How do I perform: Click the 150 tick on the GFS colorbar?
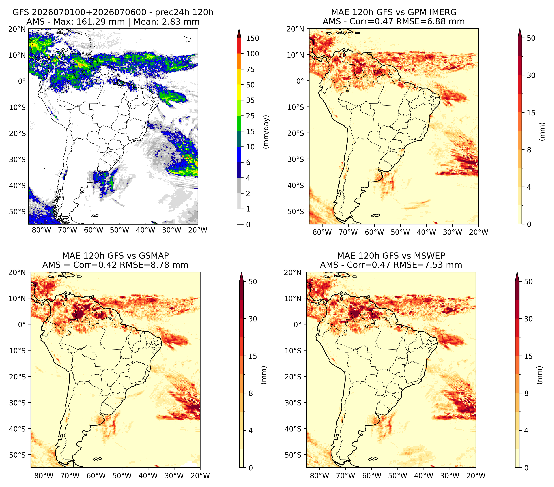(x=252, y=38)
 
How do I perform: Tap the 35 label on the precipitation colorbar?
(x=250, y=100)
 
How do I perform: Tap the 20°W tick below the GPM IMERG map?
(x=478, y=232)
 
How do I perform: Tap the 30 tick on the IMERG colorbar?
(x=531, y=75)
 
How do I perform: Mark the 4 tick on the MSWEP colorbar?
(x=526, y=430)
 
